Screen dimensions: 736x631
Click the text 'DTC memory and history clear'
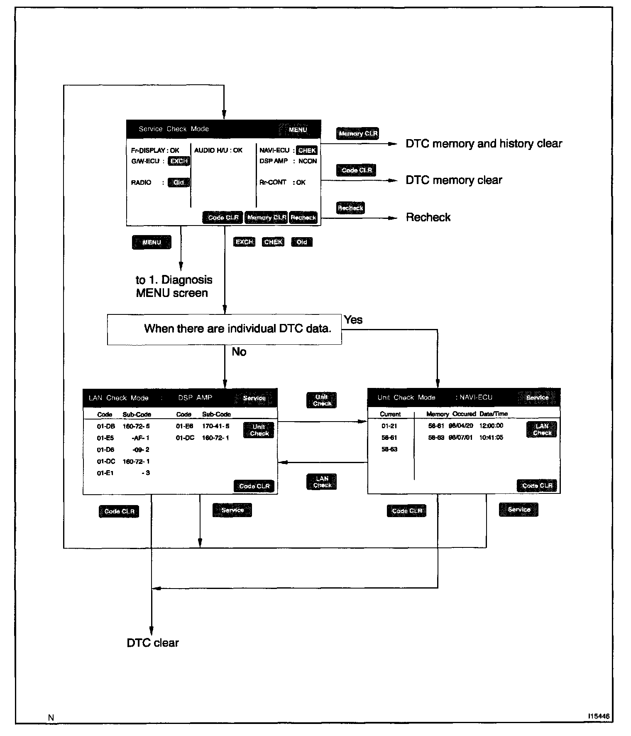[484, 144]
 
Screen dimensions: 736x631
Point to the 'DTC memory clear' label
[454, 180]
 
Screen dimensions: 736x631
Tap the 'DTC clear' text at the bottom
[153, 643]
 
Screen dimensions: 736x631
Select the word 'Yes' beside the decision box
[353, 320]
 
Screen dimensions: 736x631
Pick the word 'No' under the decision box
[239, 352]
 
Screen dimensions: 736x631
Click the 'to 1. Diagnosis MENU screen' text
[174, 287]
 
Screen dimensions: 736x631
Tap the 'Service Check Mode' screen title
[174, 129]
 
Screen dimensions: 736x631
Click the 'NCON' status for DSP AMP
[308, 161]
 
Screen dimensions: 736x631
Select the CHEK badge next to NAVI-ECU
[307, 150]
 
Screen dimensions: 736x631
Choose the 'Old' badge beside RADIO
[179, 182]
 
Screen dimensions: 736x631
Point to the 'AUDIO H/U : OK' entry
[218, 150]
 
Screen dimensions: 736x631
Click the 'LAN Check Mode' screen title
[119, 398]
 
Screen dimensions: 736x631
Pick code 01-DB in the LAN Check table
[106, 426]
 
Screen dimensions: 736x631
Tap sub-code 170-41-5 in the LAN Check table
[215, 426]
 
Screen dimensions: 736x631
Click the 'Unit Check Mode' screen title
[406, 397]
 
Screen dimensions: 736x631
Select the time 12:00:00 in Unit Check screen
[491, 426]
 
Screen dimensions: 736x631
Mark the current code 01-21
[389, 426]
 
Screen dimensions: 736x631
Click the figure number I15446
[599, 716]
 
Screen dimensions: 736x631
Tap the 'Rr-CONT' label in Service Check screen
[273, 182]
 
